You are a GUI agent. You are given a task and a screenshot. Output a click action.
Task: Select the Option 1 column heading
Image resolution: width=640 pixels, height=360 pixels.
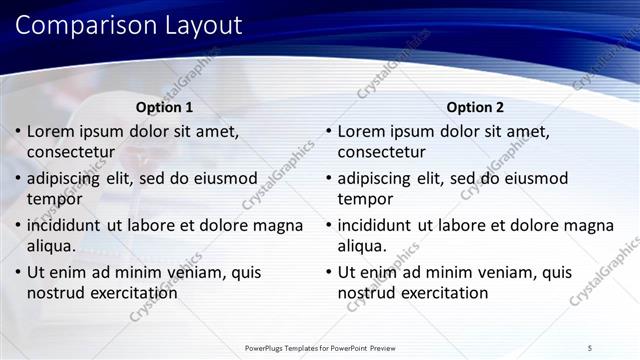coord(165,107)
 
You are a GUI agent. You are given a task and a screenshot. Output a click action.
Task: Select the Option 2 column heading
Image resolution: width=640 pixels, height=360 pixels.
coord(476,107)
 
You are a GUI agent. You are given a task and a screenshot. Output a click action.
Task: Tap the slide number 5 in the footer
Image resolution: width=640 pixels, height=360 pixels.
coord(590,347)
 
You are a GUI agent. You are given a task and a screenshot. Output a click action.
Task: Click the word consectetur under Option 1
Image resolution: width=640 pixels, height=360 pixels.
coord(70,153)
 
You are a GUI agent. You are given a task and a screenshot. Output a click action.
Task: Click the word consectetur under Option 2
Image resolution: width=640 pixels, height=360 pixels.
coord(381,153)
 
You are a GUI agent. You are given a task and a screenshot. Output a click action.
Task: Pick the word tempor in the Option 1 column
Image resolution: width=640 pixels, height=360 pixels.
coord(55,199)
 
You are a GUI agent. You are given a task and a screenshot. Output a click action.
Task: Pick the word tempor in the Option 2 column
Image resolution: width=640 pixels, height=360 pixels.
coord(366,199)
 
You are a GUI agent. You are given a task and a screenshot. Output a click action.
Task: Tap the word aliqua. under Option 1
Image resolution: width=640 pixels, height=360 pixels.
coord(53,246)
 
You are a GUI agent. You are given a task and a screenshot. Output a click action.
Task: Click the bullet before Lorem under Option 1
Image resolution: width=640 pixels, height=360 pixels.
coord(17,131)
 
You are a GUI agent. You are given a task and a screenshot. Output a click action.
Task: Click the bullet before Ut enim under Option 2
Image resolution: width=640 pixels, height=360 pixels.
coord(328,272)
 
